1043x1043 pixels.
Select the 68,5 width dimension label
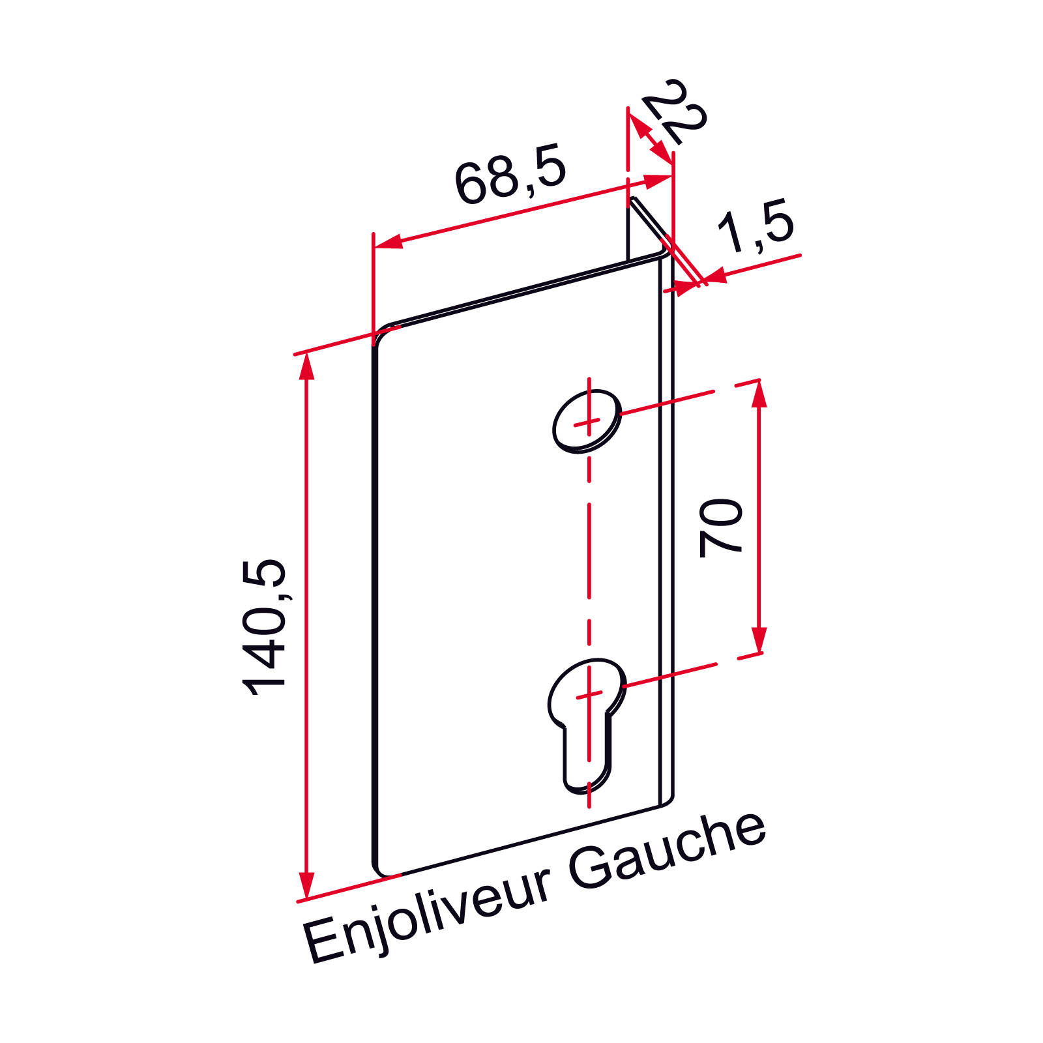[x=510, y=174]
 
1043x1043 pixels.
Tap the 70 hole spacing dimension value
[x=720, y=528]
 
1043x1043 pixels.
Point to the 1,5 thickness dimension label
[x=756, y=225]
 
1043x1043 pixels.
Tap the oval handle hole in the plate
[x=587, y=420]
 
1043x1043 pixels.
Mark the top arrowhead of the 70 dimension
[x=759, y=393]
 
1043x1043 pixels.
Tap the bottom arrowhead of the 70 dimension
[x=759, y=640]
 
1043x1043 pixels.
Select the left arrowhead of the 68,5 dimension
[x=388, y=242]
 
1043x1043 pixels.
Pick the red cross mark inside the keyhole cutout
[x=589, y=696]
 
